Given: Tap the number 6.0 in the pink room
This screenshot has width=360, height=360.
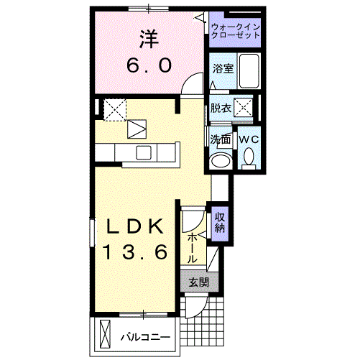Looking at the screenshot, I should tap(149, 65).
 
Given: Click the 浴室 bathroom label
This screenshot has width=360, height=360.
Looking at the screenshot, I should tap(222, 69).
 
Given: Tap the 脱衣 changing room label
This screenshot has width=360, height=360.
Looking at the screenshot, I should tap(221, 109).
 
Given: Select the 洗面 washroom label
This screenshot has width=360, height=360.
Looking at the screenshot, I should tap(221, 138).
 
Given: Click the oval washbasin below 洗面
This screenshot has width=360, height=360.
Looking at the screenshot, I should tap(221, 159).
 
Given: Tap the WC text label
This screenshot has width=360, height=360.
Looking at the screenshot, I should tap(249, 138).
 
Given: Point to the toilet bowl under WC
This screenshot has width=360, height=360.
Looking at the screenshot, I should tap(249, 156).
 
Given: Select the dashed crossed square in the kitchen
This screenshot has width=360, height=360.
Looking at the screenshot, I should tap(114, 109).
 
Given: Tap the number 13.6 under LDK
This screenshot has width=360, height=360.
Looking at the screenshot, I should tap(137, 252).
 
